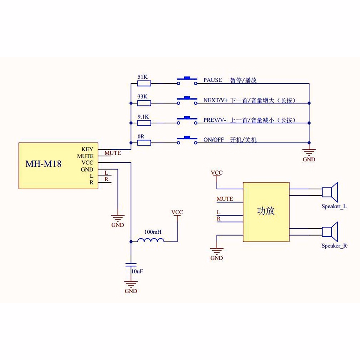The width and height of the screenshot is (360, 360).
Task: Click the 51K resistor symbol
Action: coord(144,83)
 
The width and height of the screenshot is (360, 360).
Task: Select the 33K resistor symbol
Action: coord(144,103)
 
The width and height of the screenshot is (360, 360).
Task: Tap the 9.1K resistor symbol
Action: coord(144,123)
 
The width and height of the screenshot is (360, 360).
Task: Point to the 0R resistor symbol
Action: coord(144,143)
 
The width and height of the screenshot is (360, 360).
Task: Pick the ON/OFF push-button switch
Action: coord(187,140)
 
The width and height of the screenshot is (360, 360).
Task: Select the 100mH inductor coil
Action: coord(151,240)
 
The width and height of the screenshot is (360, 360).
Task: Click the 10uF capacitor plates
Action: coord(131,265)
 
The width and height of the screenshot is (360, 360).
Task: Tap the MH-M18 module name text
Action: coord(43,164)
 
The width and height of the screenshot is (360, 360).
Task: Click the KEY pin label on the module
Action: coord(87,149)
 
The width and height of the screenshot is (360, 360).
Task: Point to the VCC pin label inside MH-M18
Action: coord(87,163)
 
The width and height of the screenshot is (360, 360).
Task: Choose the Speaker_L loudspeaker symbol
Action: coord(330,192)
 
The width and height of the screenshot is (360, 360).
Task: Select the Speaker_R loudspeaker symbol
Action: coord(330,232)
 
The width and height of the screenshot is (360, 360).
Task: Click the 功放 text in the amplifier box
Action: coord(265,211)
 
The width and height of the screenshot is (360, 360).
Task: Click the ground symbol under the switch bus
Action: coord(309,152)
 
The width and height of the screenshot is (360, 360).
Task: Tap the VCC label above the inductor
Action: coord(177,212)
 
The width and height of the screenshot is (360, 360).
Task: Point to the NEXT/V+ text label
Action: coord(216,100)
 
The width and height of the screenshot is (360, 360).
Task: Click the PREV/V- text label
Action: coord(215,120)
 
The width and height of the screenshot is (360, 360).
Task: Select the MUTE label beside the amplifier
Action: coord(225,199)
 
